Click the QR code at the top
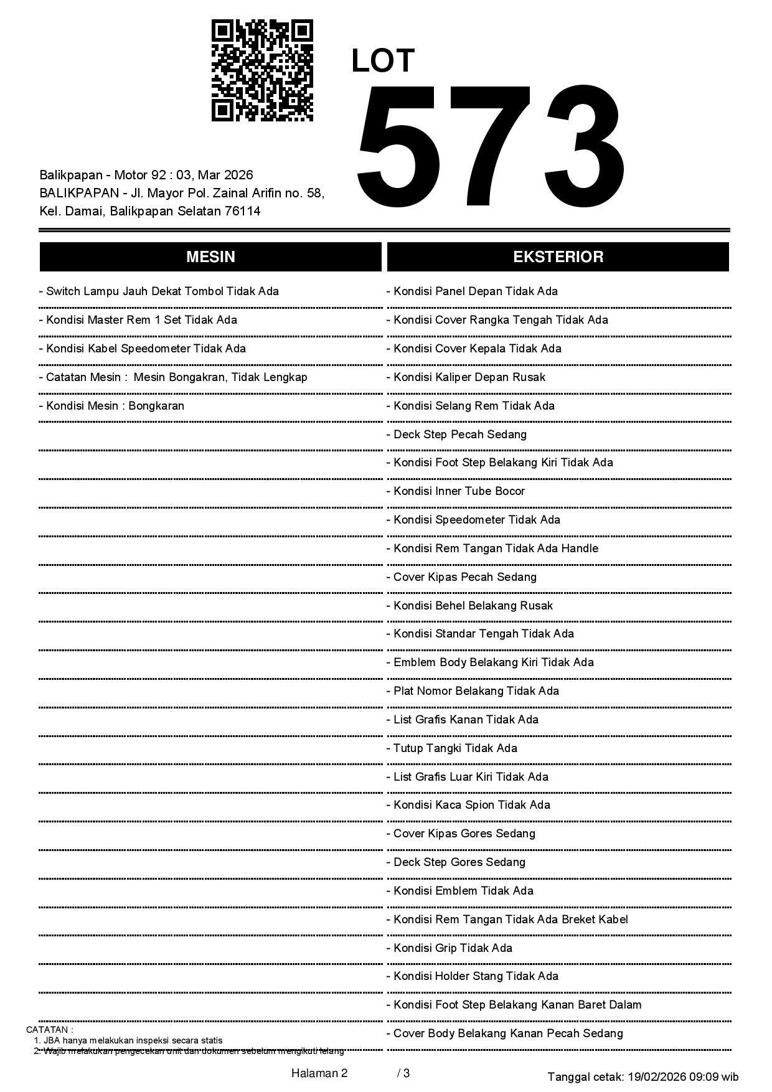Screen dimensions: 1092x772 point(262,70)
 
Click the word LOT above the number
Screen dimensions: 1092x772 point(382,61)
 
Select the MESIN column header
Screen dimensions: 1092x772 point(210,257)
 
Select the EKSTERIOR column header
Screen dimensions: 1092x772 point(558,257)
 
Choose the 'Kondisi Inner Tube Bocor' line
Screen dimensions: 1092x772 point(459,491)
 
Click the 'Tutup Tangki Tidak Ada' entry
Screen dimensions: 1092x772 point(455,748)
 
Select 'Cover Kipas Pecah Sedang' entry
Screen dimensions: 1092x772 point(465,577)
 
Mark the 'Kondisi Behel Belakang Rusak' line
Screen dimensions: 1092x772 point(473,606)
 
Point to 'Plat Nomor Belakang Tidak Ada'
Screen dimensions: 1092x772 point(476,691)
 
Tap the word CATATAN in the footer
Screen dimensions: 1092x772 point(48,1030)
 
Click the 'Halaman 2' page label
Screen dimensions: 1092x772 point(319,1073)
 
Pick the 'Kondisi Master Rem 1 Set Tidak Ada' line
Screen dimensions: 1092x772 point(141,320)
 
